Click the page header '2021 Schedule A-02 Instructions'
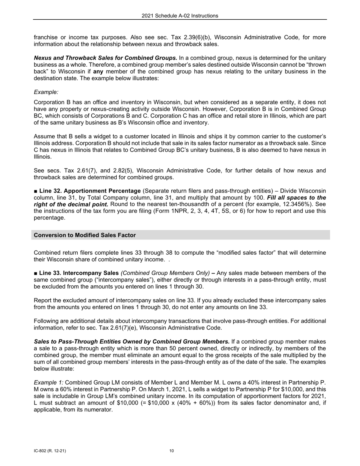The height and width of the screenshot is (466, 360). coord(180,16)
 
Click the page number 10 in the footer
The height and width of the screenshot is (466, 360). coord(172,451)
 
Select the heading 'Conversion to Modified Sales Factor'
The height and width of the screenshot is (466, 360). coord(85,235)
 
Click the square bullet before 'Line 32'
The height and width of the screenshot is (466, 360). coord(36,191)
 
